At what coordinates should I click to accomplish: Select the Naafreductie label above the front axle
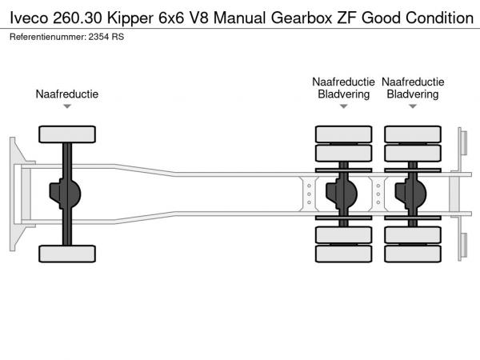click(x=67, y=94)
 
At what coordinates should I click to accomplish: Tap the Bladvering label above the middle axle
click(x=343, y=94)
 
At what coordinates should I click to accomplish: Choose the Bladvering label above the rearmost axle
click(x=413, y=94)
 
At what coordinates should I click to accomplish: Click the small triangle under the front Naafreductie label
click(x=67, y=106)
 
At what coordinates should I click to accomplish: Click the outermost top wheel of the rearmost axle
click(x=413, y=134)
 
